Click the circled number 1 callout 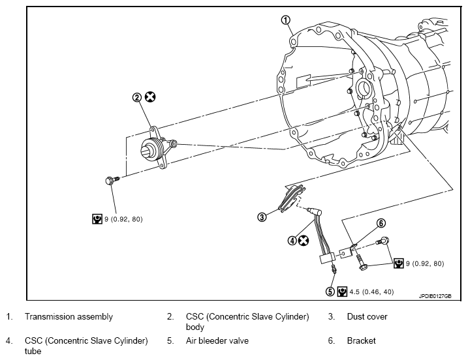pyautogui.click(x=286, y=20)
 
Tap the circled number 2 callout pyautogui.click(x=137, y=97)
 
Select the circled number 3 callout pyautogui.click(x=262, y=217)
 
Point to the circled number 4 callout pyautogui.click(x=292, y=241)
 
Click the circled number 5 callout pyautogui.click(x=330, y=292)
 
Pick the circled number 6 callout pyautogui.click(x=381, y=223)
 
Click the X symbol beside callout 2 pyautogui.click(x=150, y=97)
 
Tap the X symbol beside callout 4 pyautogui.click(x=304, y=241)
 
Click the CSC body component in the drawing pyautogui.click(x=158, y=147)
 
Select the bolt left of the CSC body pyautogui.click(x=112, y=180)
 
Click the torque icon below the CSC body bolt pyautogui.click(x=97, y=218)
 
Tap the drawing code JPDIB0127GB pyautogui.click(x=435, y=296)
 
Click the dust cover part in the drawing pyautogui.click(x=292, y=198)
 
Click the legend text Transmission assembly pyautogui.click(x=69, y=316)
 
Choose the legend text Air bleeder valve pyautogui.click(x=217, y=340)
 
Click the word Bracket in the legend pyautogui.click(x=361, y=340)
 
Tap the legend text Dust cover pyautogui.click(x=367, y=316)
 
